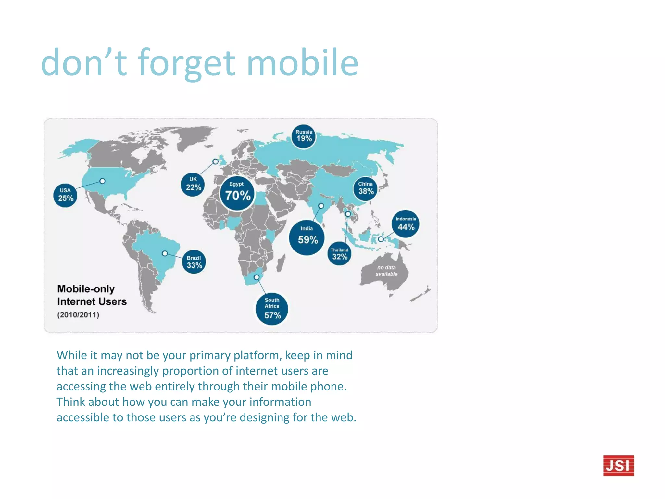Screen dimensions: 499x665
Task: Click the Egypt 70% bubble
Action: [x=237, y=193]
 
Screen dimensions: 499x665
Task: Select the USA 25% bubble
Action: [x=65, y=195]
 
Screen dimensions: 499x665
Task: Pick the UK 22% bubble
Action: [x=193, y=185]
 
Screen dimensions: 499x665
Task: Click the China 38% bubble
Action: [x=366, y=189]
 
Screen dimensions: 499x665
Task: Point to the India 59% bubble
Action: [x=307, y=237]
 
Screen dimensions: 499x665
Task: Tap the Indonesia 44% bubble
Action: [x=406, y=224]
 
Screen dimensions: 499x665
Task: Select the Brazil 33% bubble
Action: [x=194, y=262]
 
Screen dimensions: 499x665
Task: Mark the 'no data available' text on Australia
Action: [x=386, y=271]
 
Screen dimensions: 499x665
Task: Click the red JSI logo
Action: [x=618, y=465]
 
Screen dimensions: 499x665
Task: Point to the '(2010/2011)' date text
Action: [x=78, y=314]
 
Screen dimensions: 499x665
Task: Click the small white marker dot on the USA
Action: [x=102, y=181]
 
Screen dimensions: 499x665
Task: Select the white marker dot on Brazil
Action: [x=165, y=253]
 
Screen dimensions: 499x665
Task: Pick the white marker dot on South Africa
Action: [x=257, y=277]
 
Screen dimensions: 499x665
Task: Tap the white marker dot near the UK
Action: [x=215, y=161]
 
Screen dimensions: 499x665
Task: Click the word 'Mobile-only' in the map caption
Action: [x=86, y=289]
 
